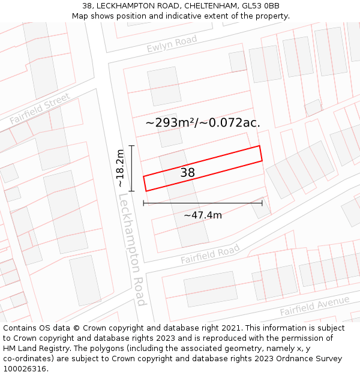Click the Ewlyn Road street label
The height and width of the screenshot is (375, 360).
point(172,44)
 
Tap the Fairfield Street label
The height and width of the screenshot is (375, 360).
point(40,108)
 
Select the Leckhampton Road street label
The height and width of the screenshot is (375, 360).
point(132,249)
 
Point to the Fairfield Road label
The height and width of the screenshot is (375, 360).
point(210,254)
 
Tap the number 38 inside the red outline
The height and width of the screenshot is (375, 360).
point(188,173)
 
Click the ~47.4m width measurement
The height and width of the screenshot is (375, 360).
point(203,215)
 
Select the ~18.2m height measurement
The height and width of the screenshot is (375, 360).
point(120,168)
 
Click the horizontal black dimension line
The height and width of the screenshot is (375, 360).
point(203,203)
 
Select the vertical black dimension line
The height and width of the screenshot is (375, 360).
point(132,168)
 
